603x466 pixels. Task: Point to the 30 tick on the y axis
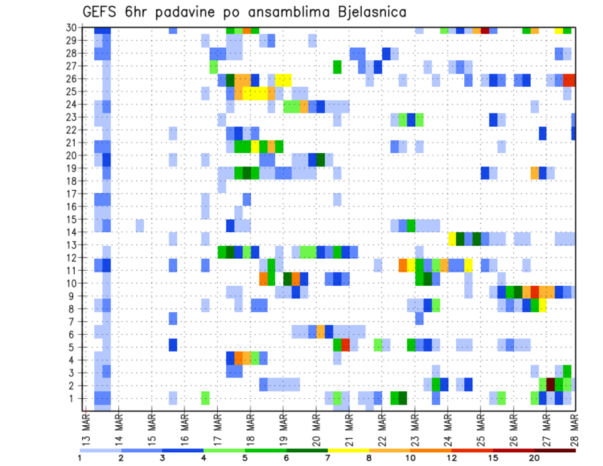coord(72,28)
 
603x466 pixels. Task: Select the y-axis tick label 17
coord(72,194)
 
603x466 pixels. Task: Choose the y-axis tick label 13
coord(72,245)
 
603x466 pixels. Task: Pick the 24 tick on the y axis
coord(72,104)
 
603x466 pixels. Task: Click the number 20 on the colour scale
coord(535,458)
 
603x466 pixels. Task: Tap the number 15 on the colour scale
coord(493,458)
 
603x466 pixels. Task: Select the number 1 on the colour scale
coord(80,458)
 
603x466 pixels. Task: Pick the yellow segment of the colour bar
coord(348,450)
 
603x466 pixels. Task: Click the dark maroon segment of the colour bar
coord(555,450)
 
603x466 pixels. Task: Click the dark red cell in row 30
coord(485,30)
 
